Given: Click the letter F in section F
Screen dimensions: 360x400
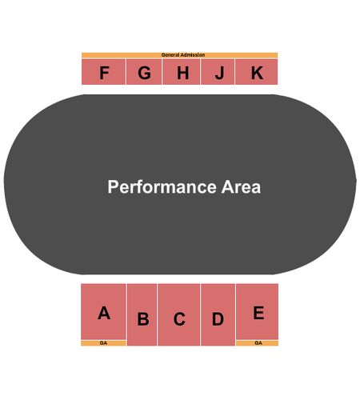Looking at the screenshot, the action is click(104, 73).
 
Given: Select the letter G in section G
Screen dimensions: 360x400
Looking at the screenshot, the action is click(144, 73).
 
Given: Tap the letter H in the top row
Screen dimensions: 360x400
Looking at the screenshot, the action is click(183, 73).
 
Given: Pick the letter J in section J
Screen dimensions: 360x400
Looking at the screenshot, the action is click(219, 73).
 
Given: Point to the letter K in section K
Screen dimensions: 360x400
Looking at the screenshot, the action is click(257, 73).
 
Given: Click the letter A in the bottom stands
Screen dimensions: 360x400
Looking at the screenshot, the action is click(104, 313).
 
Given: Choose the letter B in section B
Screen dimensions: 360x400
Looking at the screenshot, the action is click(143, 318).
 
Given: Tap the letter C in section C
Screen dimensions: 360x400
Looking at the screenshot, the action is click(179, 319).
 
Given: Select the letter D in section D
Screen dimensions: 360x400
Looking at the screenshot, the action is click(218, 318).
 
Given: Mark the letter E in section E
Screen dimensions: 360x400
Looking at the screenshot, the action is click(258, 313).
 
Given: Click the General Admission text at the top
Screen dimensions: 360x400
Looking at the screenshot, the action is click(183, 55).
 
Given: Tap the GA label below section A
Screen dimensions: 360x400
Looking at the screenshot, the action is click(103, 343).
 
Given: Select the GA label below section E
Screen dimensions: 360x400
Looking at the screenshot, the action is click(258, 343).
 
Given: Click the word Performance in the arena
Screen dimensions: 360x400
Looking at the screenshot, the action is click(162, 187).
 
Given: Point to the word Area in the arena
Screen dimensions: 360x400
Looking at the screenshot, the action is click(241, 186).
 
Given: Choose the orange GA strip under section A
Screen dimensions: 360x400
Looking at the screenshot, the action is click(103, 343).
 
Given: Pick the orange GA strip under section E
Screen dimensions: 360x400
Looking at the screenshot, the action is click(257, 343).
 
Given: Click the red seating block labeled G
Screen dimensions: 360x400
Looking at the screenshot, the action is click(144, 72).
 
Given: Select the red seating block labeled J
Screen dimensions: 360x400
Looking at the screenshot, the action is click(218, 72).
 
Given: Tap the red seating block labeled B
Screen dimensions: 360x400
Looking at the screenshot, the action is click(142, 314).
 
